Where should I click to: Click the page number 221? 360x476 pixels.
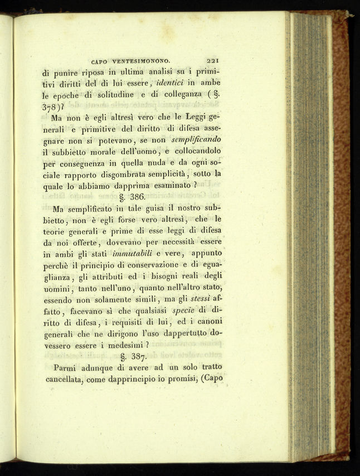[x=214, y=62]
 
